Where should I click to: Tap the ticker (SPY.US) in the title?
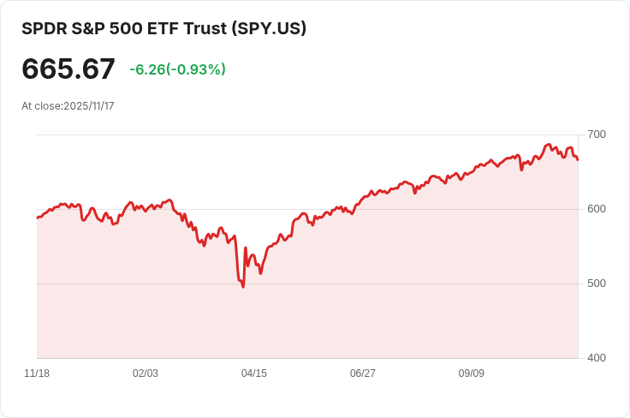point(267,28)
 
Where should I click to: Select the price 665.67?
point(68,69)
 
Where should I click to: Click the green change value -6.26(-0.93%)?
point(177,69)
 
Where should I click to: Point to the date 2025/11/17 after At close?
point(89,106)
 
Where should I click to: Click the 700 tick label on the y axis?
point(596,134)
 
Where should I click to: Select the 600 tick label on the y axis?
point(596,209)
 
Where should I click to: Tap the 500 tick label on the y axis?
point(596,284)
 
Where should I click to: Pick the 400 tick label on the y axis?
point(596,357)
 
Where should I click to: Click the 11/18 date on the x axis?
point(37,373)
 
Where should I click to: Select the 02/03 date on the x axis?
point(146,373)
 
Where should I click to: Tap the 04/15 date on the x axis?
point(254,373)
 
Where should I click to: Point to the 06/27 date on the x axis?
point(363,373)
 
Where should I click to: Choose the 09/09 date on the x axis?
point(472,373)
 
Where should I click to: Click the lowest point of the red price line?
point(243,286)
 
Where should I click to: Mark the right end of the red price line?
point(578,159)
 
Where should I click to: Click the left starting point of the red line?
point(38,218)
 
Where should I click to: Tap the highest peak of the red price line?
point(548,145)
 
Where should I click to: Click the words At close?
point(41,106)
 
